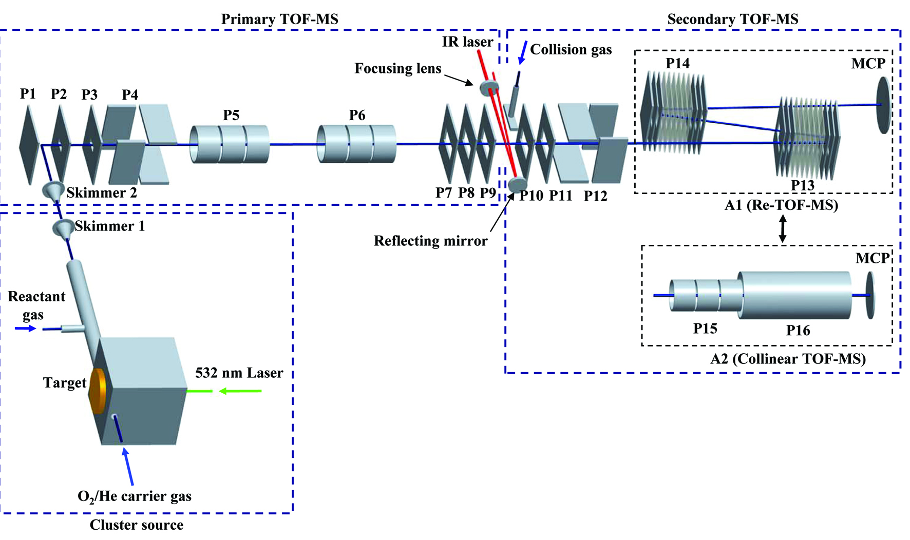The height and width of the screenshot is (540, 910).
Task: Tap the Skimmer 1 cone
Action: coord(63,228)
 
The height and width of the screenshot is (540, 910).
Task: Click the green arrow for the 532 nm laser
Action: coord(240,391)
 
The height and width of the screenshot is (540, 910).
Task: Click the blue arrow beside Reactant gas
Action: coord(25,329)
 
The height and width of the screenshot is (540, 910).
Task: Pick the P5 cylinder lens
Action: coord(229,144)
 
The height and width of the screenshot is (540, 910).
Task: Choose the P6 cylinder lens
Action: coord(356,144)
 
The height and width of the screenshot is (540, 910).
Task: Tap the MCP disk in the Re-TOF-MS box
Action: coord(883,105)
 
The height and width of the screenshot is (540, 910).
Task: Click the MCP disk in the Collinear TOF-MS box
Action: coord(870,295)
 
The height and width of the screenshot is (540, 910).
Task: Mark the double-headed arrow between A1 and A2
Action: coord(783,228)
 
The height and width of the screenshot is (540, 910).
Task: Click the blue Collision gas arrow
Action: coord(523,52)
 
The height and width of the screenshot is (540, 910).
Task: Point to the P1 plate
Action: coord(29,144)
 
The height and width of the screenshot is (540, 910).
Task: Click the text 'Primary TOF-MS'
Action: coord(279,20)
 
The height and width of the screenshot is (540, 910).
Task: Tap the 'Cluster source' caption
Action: coord(137,525)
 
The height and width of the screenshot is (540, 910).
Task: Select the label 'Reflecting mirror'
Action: coord(430,241)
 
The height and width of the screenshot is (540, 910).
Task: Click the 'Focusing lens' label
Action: coord(397,68)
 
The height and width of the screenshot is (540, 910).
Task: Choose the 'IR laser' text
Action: coord(467,42)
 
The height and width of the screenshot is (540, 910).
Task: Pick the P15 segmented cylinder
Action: coord(705,296)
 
